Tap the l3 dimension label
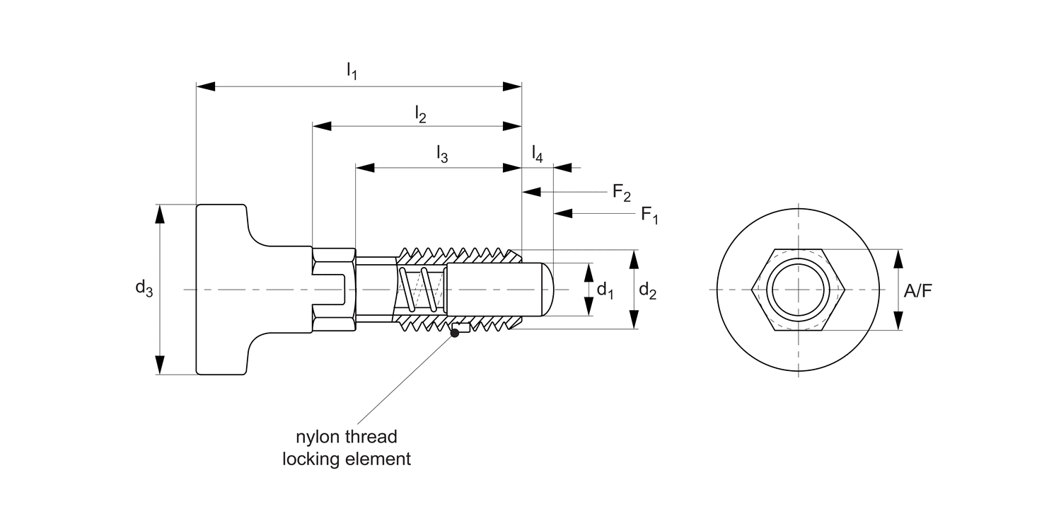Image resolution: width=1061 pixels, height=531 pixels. point(441,154)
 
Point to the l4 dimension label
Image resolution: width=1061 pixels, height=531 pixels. point(538,154)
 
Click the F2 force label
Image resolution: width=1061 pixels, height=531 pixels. point(621,192)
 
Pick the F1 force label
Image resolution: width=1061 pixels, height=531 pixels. point(649,214)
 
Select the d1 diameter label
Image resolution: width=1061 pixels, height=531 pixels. point(605,290)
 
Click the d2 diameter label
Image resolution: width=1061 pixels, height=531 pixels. point(648,290)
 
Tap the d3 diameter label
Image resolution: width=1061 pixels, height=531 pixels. point(144,289)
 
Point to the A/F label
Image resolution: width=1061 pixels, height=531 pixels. point(917,290)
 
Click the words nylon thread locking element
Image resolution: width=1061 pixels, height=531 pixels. point(347,447)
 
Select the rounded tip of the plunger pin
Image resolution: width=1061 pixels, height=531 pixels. point(546,290)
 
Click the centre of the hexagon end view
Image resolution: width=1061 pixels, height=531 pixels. point(798,290)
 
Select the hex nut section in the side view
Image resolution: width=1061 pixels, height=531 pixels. point(333,290)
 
